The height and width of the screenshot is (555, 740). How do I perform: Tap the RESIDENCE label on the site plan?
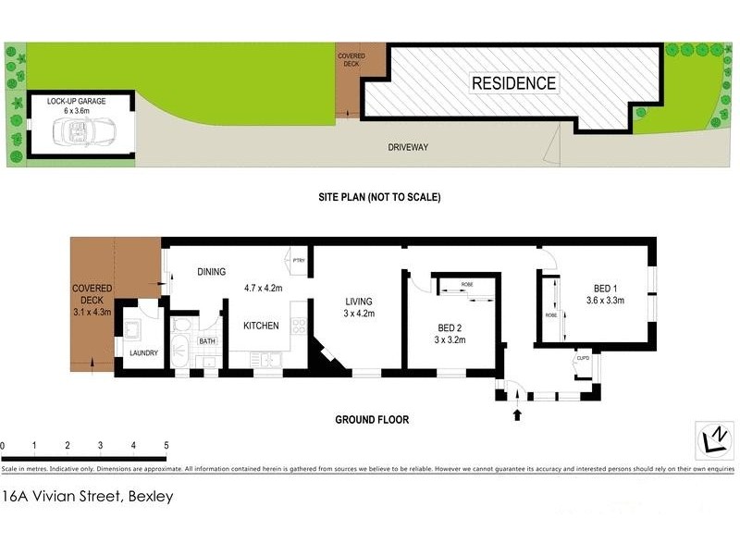[514, 83]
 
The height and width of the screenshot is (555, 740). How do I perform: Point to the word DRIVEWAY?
[407, 147]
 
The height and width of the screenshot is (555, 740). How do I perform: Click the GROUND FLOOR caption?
[372, 419]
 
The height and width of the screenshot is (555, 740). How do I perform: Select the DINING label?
[212, 272]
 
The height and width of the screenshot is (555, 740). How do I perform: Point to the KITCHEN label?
[261, 326]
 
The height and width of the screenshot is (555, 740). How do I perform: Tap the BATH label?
[206, 341]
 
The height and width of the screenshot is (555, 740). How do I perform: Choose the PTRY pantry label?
[298, 260]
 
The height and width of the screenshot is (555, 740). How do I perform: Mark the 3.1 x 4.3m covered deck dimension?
[92, 312]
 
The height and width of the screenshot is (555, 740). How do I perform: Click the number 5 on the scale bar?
[166, 446]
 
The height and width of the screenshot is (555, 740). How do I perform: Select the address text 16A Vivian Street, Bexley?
[87, 496]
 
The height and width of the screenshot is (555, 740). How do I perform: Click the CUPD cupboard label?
[583, 358]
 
